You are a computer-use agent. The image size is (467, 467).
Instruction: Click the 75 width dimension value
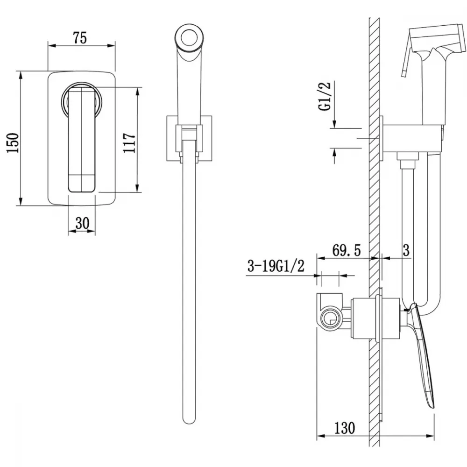tap(79, 38)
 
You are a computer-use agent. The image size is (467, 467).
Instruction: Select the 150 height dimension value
tap(13, 143)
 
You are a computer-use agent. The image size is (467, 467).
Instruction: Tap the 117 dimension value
tap(129, 143)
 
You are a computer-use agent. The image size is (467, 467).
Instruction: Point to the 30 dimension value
tap(82, 223)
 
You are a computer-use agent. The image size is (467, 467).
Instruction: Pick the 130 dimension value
tap(345, 428)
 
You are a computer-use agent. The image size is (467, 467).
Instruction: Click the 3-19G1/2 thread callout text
tap(276, 266)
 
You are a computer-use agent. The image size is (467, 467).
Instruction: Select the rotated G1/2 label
tap(325, 96)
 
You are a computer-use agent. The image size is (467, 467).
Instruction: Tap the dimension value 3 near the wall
tap(406, 250)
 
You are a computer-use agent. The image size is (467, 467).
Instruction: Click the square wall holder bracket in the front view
tap(190, 138)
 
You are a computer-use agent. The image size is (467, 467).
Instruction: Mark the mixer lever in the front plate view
tap(82, 141)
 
